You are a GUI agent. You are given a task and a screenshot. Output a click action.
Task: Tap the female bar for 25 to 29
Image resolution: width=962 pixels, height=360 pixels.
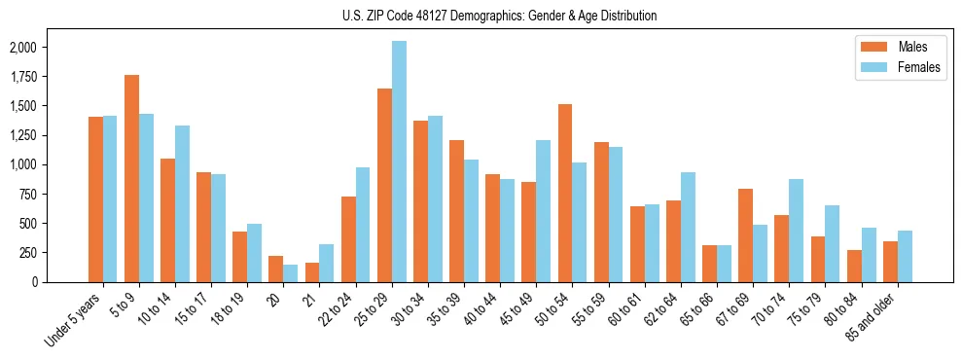(399, 162)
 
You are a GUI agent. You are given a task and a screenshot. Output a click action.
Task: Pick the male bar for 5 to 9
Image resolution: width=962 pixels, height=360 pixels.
(131, 178)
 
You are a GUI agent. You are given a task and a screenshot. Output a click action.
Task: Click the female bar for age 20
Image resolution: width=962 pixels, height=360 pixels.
(290, 272)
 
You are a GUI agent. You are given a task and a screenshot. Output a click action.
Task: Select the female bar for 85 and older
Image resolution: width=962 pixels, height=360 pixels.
(904, 256)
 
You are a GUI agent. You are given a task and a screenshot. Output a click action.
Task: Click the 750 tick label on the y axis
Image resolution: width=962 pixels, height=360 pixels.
(28, 194)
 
